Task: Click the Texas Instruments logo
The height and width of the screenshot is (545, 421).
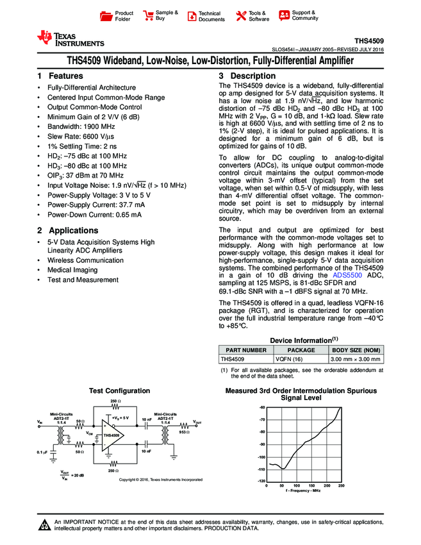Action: [x=70, y=38]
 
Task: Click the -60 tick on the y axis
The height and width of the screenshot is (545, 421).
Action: [x=261, y=408]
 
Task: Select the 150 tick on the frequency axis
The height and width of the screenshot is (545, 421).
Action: [x=311, y=486]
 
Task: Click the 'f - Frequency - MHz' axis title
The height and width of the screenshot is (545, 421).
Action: [x=303, y=491]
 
